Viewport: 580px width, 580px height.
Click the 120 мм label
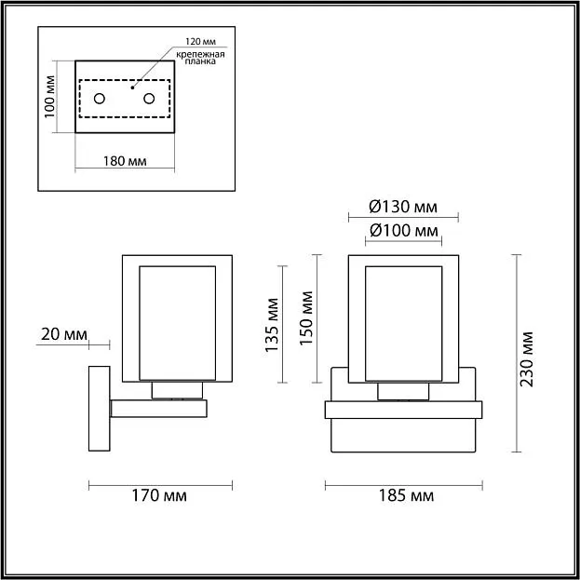coord(200,41)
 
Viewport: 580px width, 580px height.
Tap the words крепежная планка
coord(200,58)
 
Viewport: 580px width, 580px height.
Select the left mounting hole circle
coord(100,99)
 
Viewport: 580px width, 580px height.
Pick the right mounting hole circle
coord(149,99)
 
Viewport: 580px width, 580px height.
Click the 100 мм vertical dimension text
coord(50,97)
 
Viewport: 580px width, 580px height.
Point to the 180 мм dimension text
coord(125,161)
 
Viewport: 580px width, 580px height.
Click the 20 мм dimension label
coord(64,335)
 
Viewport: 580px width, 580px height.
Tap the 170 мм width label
coord(159,495)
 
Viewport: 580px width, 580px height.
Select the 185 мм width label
coord(406,495)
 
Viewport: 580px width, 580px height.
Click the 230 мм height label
coord(526,359)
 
